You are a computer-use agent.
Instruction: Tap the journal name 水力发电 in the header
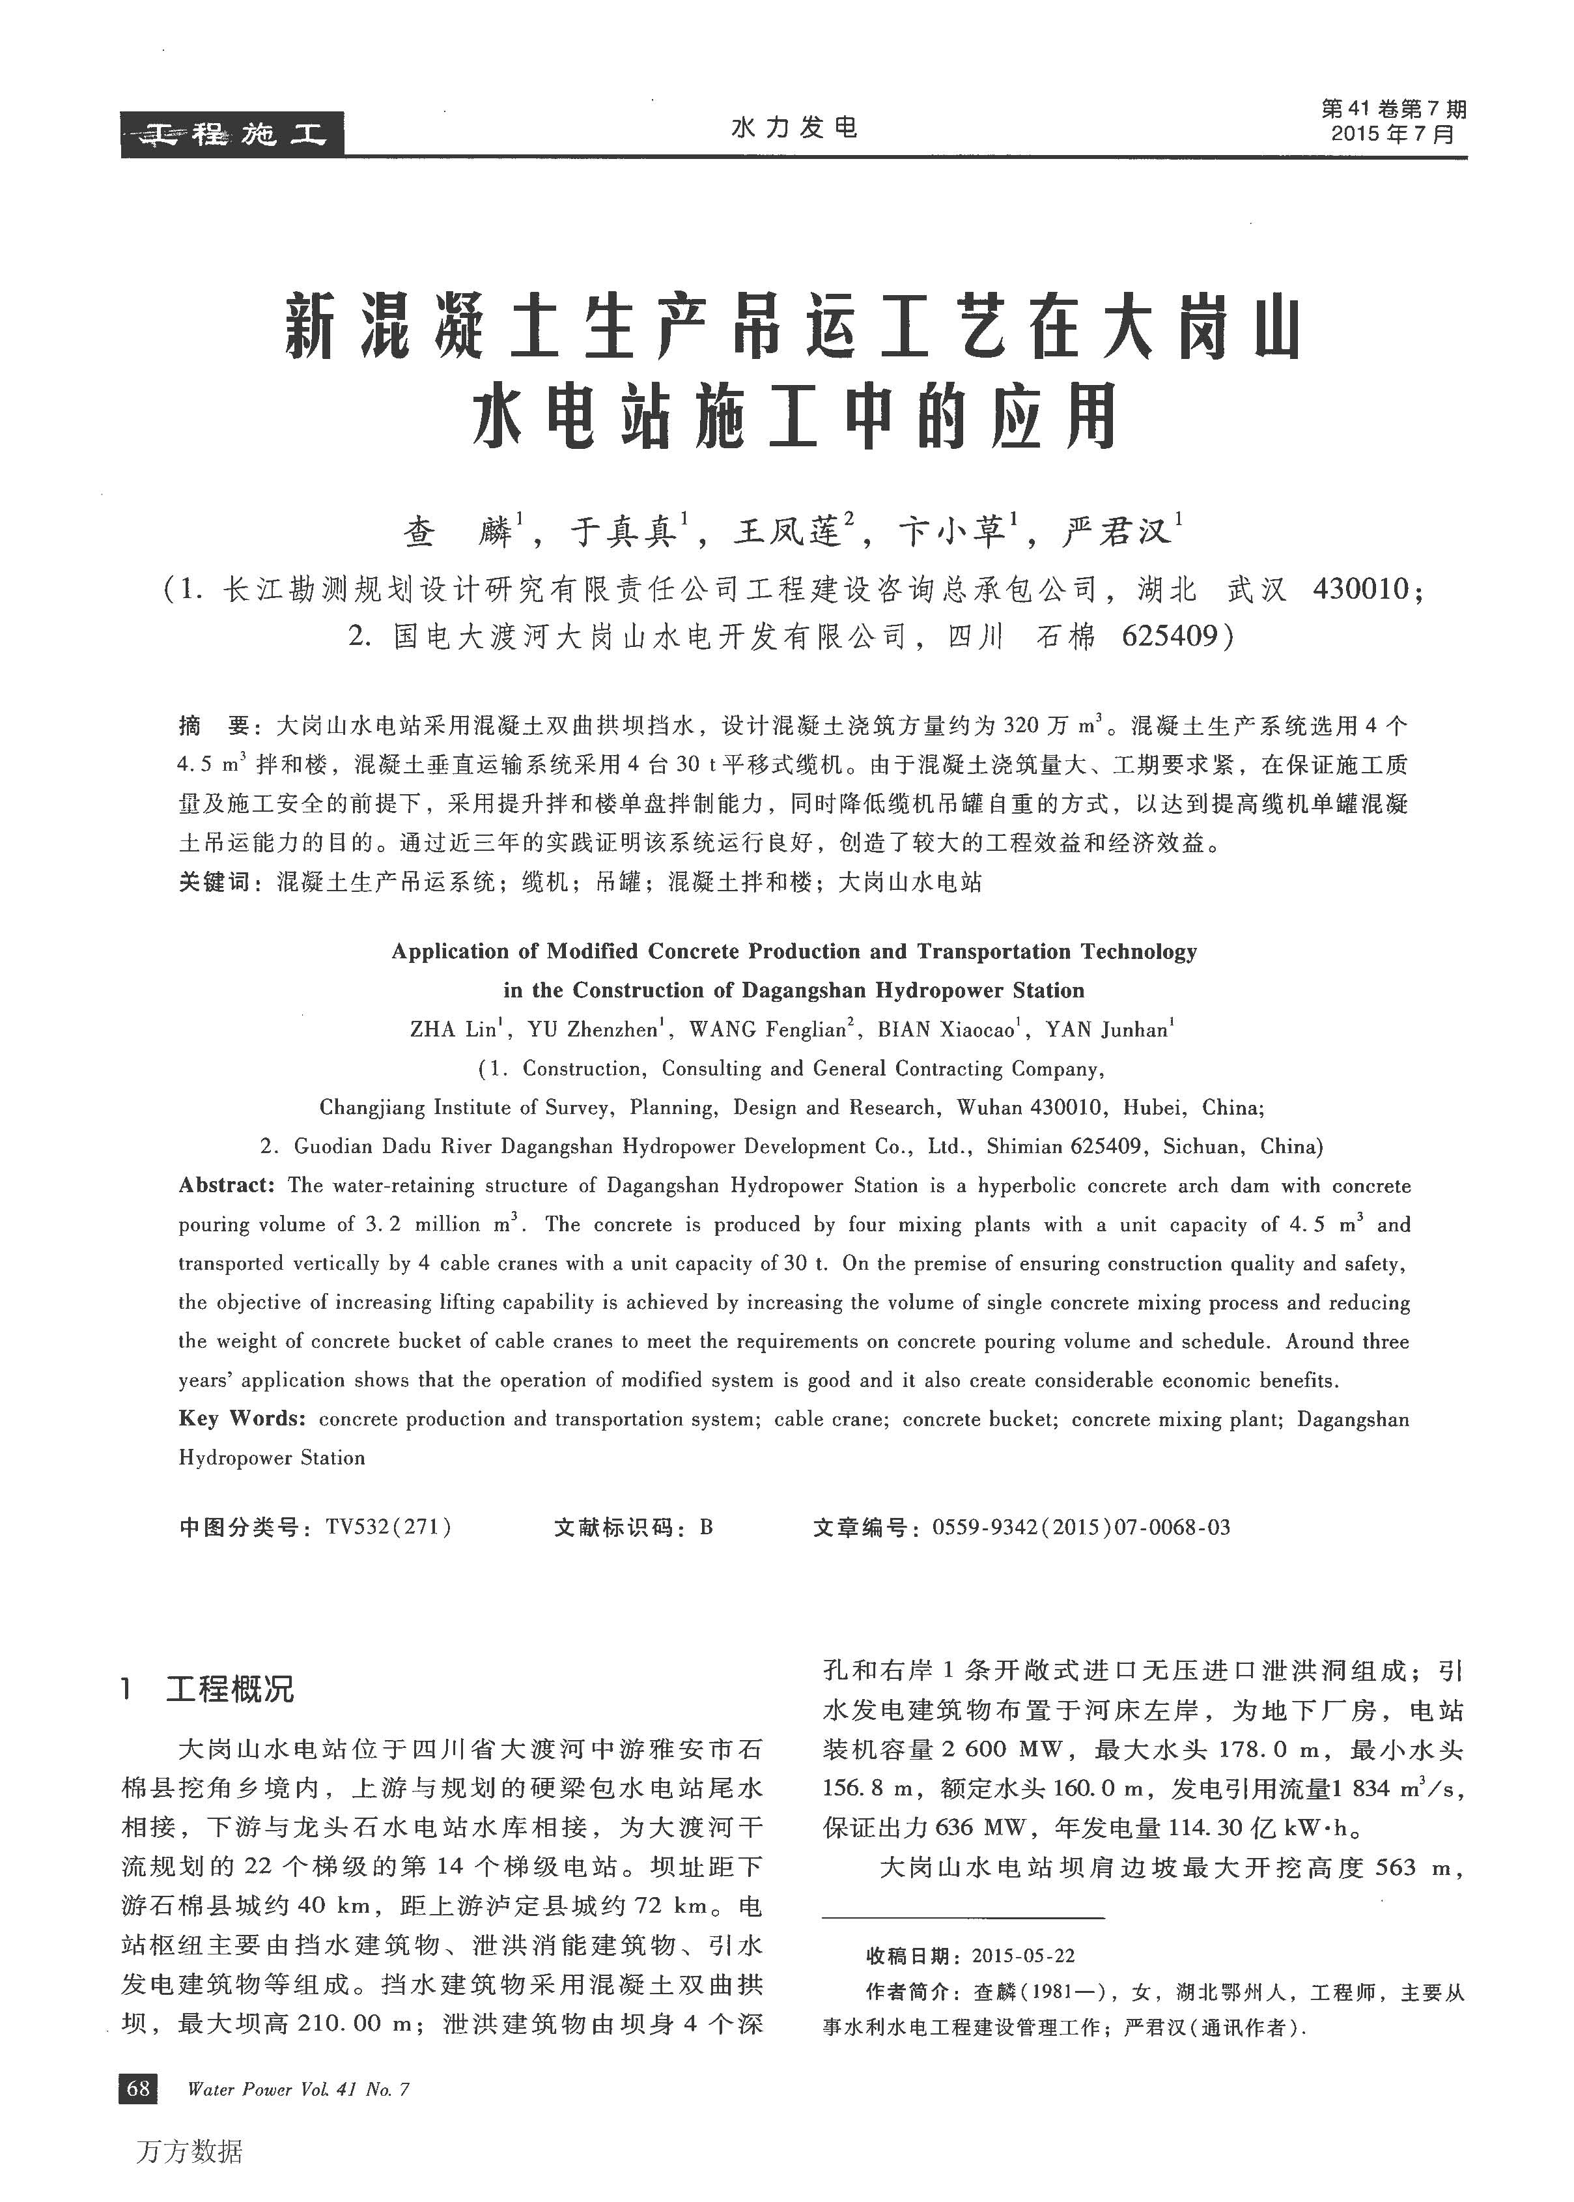(x=794, y=128)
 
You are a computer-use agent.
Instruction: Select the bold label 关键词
(x=214, y=882)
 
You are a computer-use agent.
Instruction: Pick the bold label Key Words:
(x=242, y=1418)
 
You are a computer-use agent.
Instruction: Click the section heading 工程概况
(x=230, y=1690)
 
